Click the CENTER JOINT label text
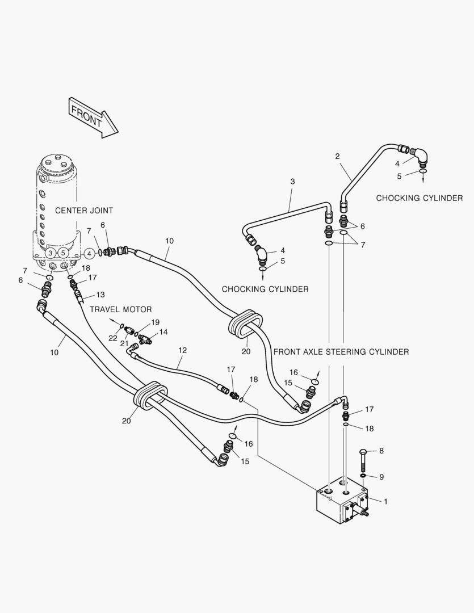coord(84,211)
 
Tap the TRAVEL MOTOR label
coord(120,309)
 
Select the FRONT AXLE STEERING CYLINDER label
coord(341,352)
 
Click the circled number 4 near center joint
coord(90,253)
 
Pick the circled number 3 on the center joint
coord(51,253)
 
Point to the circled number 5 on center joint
coord(64,253)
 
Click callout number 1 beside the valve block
coord(386,501)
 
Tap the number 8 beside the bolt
coord(381,451)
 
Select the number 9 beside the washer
coord(381,477)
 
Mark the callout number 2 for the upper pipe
coord(337,156)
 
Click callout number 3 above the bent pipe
coord(292,182)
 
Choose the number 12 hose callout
coord(182,350)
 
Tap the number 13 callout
coord(100,295)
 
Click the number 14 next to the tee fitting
coord(163,332)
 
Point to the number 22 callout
coord(112,338)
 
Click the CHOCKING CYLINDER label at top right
coord(420,198)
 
